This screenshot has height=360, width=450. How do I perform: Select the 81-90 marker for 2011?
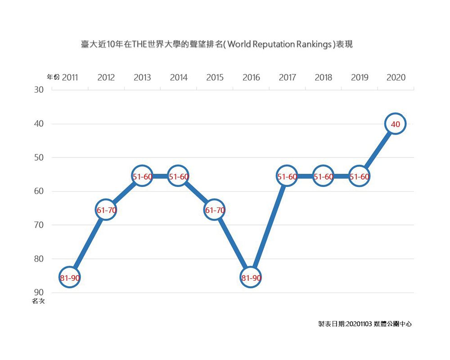(x=70, y=278)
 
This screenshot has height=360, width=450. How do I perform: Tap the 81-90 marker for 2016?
(x=251, y=278)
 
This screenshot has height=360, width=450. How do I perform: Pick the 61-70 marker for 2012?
(x=106, y=210)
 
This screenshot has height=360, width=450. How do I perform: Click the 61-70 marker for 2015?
(x=215, y=210)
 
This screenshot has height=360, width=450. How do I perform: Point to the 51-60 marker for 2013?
(x=142, y=177)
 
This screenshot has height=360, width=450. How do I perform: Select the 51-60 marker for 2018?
(x=324, y=177)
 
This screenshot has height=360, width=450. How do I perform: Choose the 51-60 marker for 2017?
(x=287, y=177)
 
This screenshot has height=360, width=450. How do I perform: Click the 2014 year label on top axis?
(x=179, y=77)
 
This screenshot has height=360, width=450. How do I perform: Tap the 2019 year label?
(x=360, y=77)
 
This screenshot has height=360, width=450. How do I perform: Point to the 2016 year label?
(x=251, y=77)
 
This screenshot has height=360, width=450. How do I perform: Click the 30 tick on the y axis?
(x=39, y=90)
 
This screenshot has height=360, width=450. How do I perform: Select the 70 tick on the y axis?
(x=39, y=225)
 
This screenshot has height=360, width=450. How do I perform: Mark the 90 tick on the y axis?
(x=39, y=293)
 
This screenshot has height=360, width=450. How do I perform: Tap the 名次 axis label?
(x=38, y=301)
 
